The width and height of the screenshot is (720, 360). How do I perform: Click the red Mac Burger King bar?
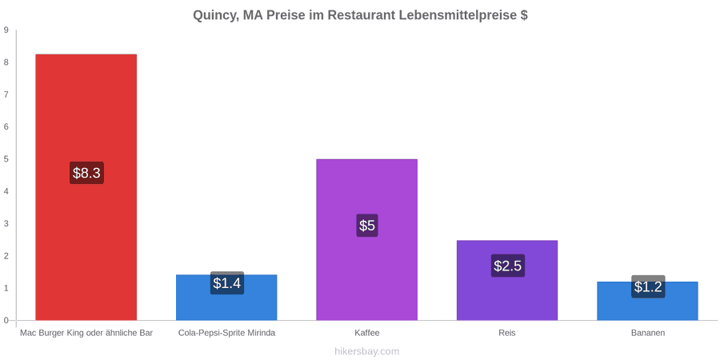click(x=86, y=187)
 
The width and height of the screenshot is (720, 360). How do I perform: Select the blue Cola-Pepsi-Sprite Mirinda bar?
click(x=226, y=297)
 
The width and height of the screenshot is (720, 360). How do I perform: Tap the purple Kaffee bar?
click(x=367, y=239)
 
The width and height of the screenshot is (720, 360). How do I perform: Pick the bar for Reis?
click(x=507, y=280)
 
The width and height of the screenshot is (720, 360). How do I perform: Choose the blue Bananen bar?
click(x=647, y=301)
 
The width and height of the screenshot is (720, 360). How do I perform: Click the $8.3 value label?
click(x=86, y=173)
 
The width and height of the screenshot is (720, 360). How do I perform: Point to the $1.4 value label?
click(x=227, y=283)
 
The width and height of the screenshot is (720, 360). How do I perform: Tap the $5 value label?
click(x=367, y=226)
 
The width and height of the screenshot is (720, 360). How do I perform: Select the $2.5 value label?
click(x=507, y=266)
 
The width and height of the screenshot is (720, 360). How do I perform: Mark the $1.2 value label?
click(x=648, y=286)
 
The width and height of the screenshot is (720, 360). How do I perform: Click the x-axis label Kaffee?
click(x=367, y=334)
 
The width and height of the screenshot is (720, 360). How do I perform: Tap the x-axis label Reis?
click(x=507, y=334)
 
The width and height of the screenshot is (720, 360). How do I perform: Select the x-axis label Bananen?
click(x=647, y=334)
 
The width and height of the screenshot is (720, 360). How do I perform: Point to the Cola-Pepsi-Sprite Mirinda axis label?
click(x=227, y=334)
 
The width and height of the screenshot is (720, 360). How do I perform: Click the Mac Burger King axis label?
click(x=86, y=334)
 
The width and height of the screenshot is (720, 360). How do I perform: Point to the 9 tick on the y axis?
click(x=6, y=30)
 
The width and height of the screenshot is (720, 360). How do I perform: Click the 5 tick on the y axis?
click(x=6, y=159)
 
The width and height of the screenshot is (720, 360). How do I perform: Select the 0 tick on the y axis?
click(x=6, y=320)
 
